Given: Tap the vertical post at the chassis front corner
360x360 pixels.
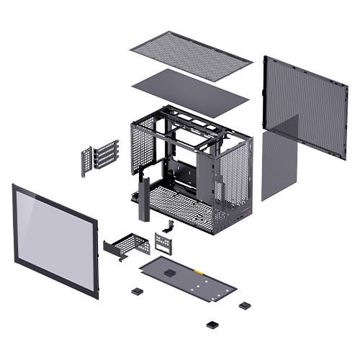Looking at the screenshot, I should [141, 199].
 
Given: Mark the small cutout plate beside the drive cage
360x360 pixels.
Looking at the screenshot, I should [163, 242].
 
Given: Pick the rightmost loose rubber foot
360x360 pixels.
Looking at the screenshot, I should [245, 305].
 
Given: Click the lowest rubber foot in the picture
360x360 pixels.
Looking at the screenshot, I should [211, 323].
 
